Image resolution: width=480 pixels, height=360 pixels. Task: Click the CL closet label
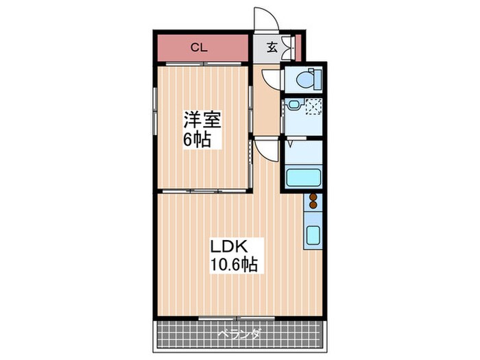coord(199,47)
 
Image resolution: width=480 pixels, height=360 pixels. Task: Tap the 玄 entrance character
coord(272,47)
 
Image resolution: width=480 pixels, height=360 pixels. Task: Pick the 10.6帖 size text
coord(234,265)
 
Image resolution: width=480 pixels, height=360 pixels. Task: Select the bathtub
coord(303,178)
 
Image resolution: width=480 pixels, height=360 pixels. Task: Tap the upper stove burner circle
coord(313,197)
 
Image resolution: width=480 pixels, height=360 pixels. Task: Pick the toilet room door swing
coord(270,79)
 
